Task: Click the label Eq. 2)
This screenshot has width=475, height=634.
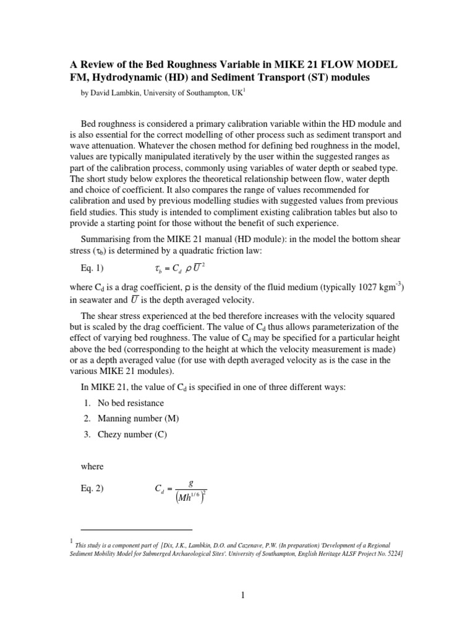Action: click(93, 488)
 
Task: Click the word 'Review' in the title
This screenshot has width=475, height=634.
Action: click(101, 65)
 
